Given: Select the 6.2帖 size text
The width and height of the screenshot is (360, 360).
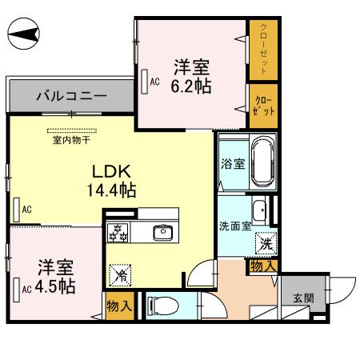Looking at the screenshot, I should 192,85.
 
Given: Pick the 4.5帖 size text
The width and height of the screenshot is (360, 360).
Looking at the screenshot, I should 54,286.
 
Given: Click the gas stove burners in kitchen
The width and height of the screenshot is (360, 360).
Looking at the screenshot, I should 119,232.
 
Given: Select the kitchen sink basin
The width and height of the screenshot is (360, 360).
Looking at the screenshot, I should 162,232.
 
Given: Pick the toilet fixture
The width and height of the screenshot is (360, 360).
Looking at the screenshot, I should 160,305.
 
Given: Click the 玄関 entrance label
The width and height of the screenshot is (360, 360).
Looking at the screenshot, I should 303,298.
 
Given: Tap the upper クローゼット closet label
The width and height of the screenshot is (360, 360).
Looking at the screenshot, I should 262,48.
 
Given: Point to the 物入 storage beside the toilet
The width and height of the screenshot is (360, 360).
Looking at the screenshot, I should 120,306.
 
